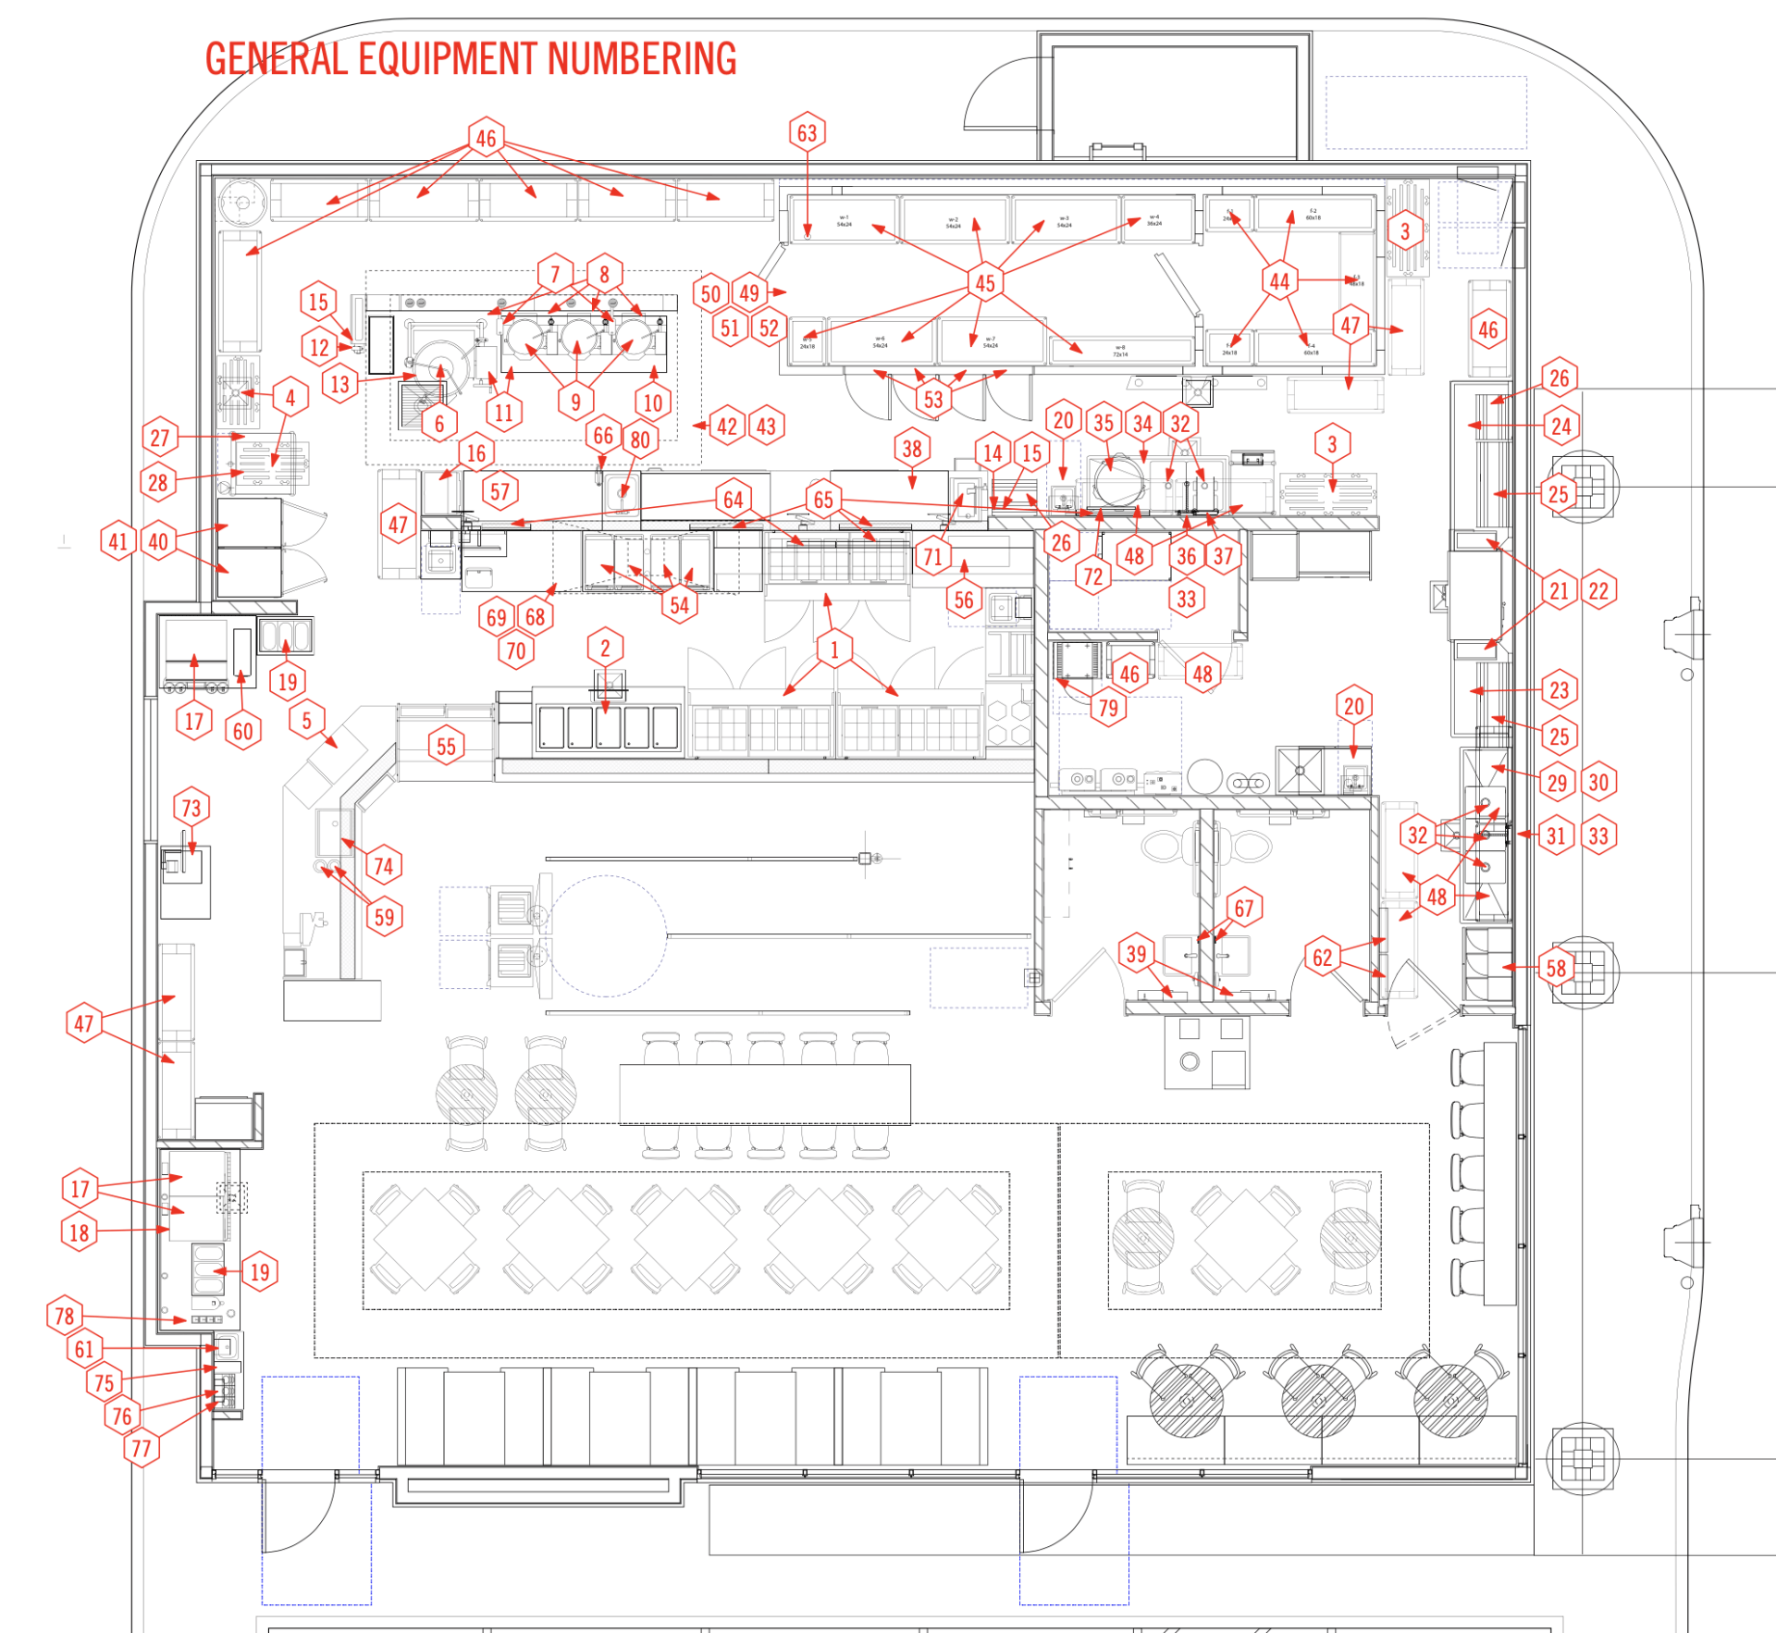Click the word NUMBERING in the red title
tap(642, 59)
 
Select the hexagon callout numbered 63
tap(808, 133)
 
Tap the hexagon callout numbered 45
tap(985, 283)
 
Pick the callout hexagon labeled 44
tap(1279, 281)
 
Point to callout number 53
tap(933, 400)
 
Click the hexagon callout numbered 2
tap(605, 648)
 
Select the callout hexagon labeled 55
tap(446, 747)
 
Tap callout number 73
tap(191, 808)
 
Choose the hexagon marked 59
tap(384, 917)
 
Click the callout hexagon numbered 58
tap(1556, 968)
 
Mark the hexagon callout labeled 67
tap(1244, 909)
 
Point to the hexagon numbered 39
tap(1136, 954)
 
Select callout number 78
tap(64, 1316)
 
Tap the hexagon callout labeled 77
tap(142, 1448)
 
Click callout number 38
tap(912, 449)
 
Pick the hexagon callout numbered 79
tap(1108, 708)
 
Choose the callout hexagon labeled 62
tap(1323, 958)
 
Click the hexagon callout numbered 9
tap(575, 402)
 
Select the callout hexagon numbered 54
tap(680, 605)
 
